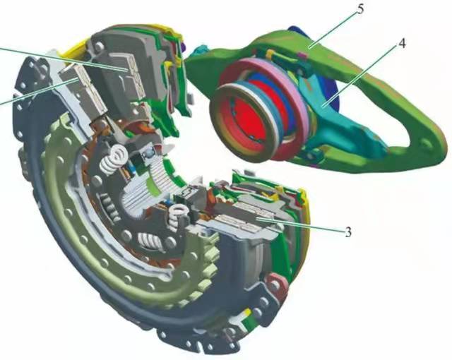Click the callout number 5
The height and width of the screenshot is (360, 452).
click(x=360, y=9)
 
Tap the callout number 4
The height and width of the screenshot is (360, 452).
click(x=402, y=44)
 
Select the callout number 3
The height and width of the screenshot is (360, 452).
click(x=348, y=232)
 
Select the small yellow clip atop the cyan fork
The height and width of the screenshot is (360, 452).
click(x=271, y=55)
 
